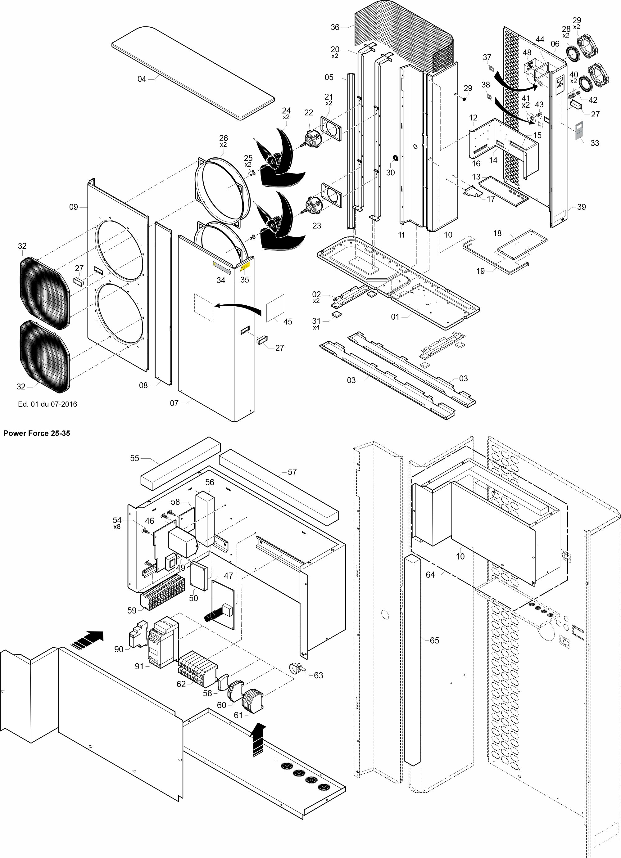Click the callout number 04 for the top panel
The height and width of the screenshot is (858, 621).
[x=142, y=79]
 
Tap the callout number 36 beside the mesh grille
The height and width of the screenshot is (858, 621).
[x=335, y=27]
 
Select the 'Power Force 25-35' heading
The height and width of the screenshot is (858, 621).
[x=37, y=433]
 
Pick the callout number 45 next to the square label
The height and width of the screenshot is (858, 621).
[x=288, y=321]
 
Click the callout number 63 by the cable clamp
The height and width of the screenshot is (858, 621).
[x=318, y=675]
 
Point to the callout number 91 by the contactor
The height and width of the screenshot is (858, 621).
[x=139, y=666]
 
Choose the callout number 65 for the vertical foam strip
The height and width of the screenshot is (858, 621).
[x=434, y=640]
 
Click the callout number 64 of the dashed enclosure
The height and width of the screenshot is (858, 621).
[x=430, y=575]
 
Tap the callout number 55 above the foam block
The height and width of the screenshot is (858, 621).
[x=135, y=458]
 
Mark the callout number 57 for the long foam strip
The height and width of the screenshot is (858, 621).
[x=292, y=472]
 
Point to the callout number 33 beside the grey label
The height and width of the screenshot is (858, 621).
[x=595, y=143]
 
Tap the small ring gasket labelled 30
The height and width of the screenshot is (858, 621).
[x=395, y=157]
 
